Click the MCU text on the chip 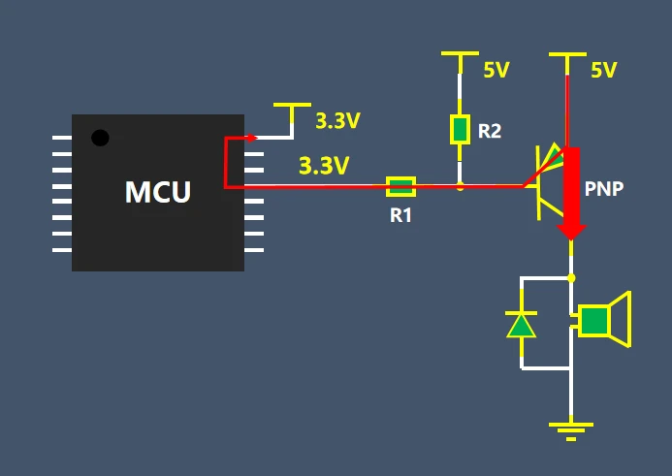tap(158, 192)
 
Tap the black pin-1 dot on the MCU tap(100, 138)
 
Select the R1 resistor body tap(400, 187)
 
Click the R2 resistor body tap(460, 129)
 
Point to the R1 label tap(400, 215)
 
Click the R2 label tap(490, 131)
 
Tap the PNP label tap(604, 188)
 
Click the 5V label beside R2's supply tap(496, 70)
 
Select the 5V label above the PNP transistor tap(604, 70)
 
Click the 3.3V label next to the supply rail tap(337, 121)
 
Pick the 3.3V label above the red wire tap(324, 166)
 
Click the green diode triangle tap(521, 326)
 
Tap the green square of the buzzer tap(594, 321)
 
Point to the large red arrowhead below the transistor tap(571, 232)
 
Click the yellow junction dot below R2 tap(460, 187)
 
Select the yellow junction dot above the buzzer tap(571, 278)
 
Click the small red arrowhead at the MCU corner tap(252, 138)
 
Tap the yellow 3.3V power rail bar tap(292, 105)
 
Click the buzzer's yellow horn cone tap(621, 319)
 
